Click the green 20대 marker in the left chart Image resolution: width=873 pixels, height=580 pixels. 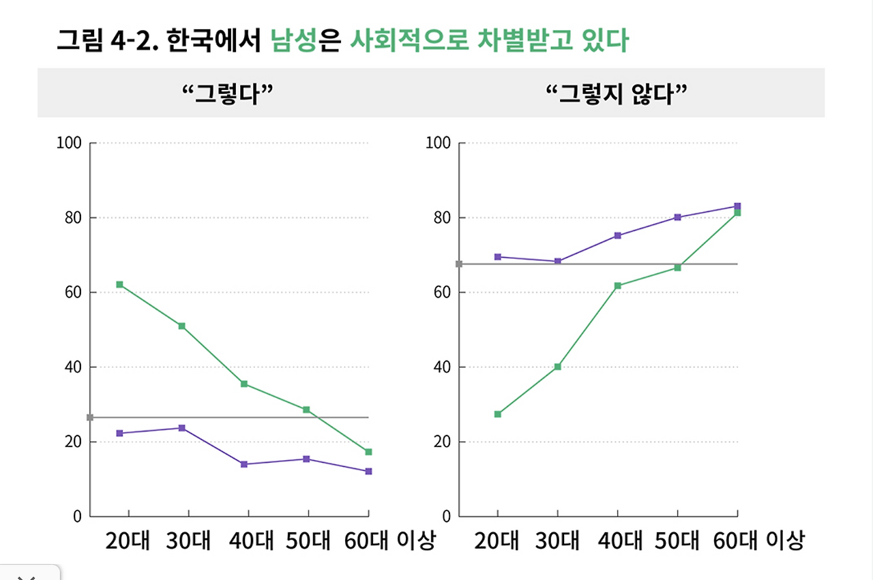[x=119, y=284]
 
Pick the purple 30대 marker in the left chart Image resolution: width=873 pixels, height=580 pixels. [x=182, y=428]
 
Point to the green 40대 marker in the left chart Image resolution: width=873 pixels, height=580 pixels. [x=243, y=384]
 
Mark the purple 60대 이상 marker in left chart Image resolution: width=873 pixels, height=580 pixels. [x=368, y=472]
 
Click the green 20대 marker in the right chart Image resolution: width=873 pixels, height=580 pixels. [x=498, y=414]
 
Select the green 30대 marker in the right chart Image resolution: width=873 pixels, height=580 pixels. [x=557, y=367]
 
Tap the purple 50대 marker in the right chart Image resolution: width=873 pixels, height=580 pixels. [x=677, y=217]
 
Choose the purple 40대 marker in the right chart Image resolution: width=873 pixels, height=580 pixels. [x=617, y=236]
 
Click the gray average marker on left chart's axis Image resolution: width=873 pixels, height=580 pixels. [x=90, y=417]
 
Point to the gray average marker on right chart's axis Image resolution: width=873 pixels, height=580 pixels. [x=459, y=264]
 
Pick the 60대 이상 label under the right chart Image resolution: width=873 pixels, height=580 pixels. [x=758, y=541]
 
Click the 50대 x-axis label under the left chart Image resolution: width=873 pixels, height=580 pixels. [x=308, y=541]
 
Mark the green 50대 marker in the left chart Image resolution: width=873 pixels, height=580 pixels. [x=306, y=410]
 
